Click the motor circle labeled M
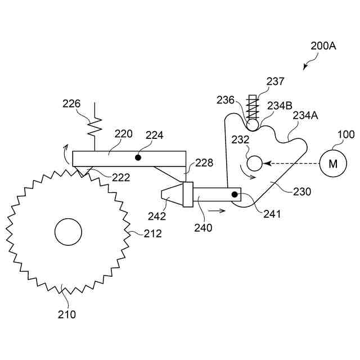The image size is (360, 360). (x=333, y=164)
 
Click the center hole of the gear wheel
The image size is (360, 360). (x=68, y=231)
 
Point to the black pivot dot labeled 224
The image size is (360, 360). (x=138, y=158)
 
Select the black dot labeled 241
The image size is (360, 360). (x=235, y=195)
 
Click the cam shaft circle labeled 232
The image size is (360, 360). (x=255, y=164)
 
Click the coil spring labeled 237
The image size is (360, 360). (x=253, y=104)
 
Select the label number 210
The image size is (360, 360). (x=67, y=314)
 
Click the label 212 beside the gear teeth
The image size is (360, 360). (x=152, y=233)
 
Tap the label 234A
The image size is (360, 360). (x=306, y=115)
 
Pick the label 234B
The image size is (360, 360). (x=280, y=105)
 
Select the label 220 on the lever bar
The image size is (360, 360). (x=123, y=134)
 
